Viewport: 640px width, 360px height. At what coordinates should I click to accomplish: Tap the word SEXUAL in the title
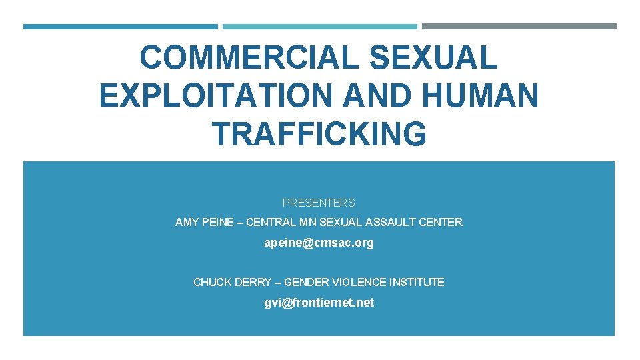[x=433, y=58]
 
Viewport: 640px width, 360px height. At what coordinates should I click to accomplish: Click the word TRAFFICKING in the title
[x=319, y=133]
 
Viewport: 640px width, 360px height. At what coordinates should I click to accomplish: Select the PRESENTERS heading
[x=319, y=203]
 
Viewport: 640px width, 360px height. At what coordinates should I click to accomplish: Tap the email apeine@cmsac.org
[x=319, y=243]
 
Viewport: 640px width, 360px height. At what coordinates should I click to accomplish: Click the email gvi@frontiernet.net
[x=319, y=303]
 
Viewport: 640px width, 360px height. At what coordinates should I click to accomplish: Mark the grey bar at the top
[x=519, y=27]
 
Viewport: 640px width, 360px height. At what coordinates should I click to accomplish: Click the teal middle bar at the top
[x=319, y=27]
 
